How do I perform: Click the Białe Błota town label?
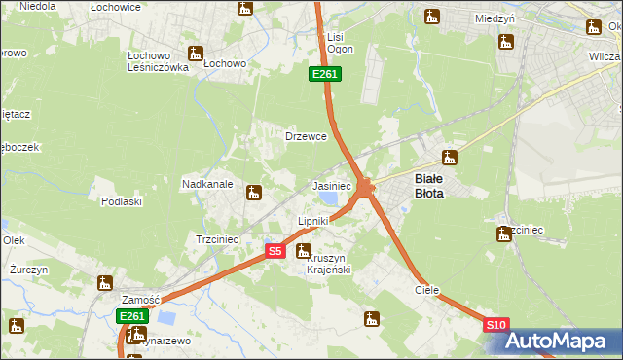coord(429,186)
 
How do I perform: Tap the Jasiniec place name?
coord(331,185)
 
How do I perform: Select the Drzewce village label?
coord(305,137)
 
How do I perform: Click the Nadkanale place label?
coord(206,183)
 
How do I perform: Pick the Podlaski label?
coord(122,201)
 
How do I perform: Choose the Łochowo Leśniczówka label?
coord(158,61)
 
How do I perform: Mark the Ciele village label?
coord(427,290)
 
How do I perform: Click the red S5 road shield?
coord(275,251)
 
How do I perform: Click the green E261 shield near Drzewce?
coord(324,74)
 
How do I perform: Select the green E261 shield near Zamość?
coord(131,316)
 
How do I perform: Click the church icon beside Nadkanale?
coord(254,193)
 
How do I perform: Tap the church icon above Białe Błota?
coord(449,158)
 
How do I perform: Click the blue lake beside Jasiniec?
coord(329,198)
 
